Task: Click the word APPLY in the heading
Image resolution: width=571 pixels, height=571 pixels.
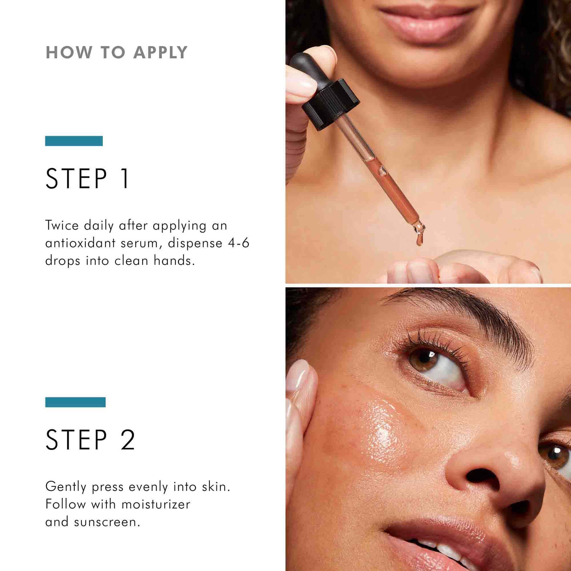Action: coord(160,53)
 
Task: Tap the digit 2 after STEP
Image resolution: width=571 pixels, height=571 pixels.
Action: coord(128,440)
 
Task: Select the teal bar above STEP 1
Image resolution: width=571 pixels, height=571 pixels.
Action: coord(74,141)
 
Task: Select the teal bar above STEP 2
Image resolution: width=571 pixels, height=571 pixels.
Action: coord(75,402)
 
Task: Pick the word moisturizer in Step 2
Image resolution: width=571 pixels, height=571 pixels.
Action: coord(156,504)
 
